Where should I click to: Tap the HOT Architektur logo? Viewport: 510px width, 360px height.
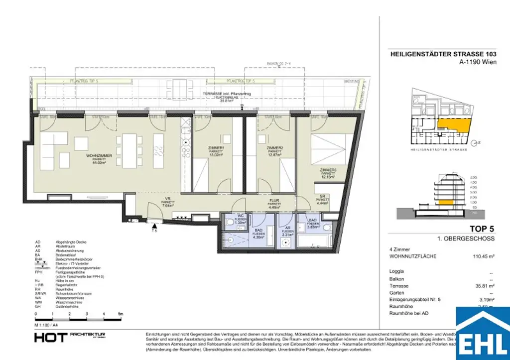point(69,337)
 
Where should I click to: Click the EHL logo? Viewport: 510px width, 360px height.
point(483,335)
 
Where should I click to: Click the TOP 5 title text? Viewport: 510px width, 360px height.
point(481,230)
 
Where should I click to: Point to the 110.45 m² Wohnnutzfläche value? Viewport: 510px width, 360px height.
point(482,256)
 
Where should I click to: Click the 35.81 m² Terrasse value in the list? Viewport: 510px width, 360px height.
point(484,286)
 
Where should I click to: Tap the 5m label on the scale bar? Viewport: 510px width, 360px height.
point(120,314)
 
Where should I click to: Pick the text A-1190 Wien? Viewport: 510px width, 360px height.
point(475,63)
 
